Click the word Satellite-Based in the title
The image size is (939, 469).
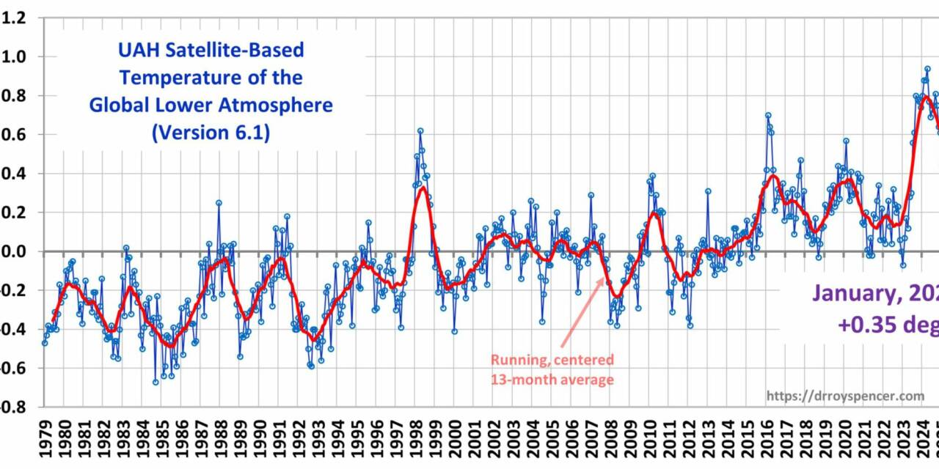click(243, 51)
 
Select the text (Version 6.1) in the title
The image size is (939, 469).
click(211, 133)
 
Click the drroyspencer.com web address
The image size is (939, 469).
click(845, 396)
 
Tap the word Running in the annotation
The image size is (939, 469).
click(517, 360)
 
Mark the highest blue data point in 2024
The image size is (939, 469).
click(927, 69)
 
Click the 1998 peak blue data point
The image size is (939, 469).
click(420, 131)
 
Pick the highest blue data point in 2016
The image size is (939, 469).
click(767, 115)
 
